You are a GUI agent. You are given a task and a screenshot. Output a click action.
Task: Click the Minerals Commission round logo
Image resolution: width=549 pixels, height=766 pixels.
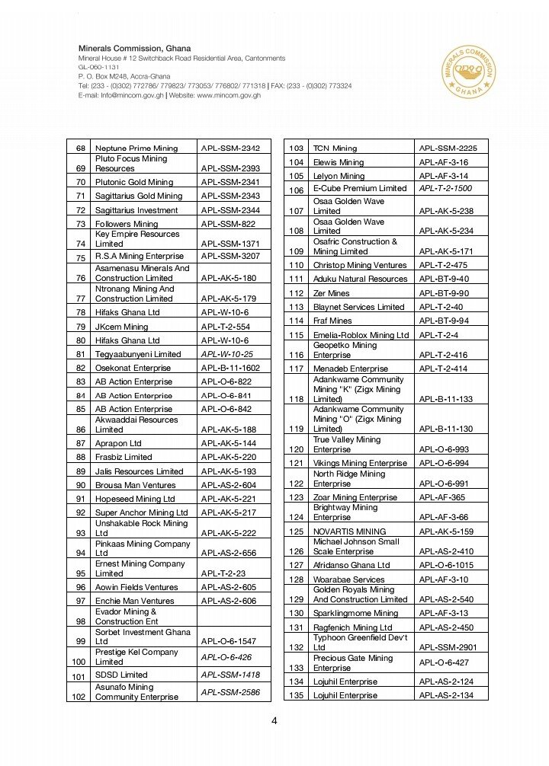pos(468,72)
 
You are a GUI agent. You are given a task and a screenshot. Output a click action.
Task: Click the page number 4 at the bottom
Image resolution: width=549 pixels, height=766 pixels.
pos(274,721)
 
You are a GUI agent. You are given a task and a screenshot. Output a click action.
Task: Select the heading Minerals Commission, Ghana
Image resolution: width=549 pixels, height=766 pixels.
pos(134,49)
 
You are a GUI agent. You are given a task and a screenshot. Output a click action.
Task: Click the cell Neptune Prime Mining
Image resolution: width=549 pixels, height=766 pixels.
pos(136,148)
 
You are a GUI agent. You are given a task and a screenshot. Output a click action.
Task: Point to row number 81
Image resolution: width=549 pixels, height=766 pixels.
pos(81,354)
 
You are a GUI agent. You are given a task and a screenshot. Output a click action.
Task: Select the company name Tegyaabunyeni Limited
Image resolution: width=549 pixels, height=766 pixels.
pos(138,354)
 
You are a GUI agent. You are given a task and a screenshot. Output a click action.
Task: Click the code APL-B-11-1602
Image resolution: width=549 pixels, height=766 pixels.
pos(230,368)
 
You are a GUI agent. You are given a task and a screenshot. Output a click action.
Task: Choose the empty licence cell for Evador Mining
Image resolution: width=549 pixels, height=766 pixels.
pos(234,617)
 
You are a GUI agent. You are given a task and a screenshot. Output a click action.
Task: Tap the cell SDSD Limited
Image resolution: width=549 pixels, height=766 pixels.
pos(121,675)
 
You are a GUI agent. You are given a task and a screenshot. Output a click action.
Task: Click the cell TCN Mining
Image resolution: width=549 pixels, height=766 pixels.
pos(335,148)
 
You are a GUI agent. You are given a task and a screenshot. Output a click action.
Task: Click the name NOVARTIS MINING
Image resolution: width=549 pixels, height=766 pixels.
pos(349,531)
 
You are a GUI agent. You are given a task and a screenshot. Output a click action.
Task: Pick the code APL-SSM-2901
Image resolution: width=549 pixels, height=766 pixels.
pos(448,647)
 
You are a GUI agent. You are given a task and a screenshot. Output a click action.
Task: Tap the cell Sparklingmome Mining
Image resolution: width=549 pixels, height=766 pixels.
pos(355,613)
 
